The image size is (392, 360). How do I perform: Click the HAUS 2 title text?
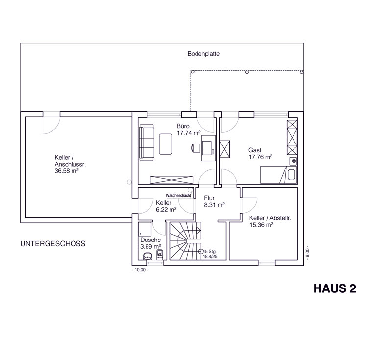335,288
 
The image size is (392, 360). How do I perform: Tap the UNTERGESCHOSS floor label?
53,244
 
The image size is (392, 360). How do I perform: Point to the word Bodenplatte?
203,54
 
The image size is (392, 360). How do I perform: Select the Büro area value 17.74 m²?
189,133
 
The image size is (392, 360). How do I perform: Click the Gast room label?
255,150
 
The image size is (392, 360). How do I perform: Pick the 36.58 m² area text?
67,171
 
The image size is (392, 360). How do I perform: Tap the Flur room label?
209,198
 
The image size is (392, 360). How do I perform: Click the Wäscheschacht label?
178,195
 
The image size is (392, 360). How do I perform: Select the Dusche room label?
150,240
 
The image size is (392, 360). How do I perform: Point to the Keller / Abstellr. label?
270,218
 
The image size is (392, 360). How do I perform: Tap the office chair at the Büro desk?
196,147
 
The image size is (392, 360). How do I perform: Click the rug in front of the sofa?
166,144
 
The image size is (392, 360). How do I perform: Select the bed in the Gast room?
278,175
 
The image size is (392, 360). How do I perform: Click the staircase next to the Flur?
186,240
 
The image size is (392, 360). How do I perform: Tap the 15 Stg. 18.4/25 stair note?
210,254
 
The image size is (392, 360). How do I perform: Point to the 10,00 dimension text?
140,270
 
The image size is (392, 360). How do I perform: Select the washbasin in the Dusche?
147,256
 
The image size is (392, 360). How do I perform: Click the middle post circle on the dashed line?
247,72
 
